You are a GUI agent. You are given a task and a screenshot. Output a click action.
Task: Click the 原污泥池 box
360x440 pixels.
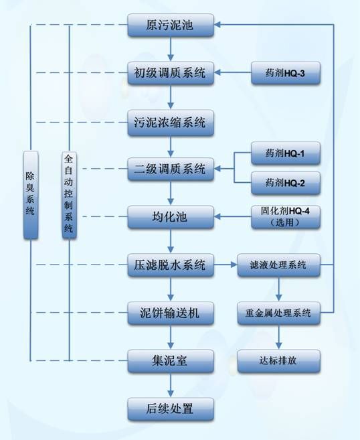coord(171,25)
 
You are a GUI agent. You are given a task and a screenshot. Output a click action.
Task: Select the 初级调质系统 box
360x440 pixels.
coord(171,73)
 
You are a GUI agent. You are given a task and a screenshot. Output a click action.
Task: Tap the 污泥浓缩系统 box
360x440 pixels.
coord(171,123)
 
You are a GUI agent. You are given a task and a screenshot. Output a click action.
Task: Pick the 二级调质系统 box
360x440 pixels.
coord(171,169)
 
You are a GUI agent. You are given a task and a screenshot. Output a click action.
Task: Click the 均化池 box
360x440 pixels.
coord(171,217)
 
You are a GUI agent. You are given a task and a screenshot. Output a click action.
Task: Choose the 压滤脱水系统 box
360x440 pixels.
coord(171,265)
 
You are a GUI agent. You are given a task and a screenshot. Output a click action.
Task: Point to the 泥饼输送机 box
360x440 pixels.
coord(171,313)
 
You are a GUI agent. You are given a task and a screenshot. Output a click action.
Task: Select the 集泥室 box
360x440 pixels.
coord(171,361)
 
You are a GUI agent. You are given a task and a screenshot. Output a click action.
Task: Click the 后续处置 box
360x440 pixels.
coord(171,409)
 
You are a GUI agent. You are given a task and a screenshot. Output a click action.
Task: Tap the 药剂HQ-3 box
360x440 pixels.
coord(286,73)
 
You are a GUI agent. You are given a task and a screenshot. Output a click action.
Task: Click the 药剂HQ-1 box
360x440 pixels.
coord(286,153)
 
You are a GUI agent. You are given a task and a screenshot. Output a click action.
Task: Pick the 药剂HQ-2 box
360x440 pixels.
coord(286,183)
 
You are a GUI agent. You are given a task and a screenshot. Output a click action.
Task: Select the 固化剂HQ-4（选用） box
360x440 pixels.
coord(286,217)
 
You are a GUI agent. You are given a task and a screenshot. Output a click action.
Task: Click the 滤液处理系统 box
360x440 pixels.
coord(278,265)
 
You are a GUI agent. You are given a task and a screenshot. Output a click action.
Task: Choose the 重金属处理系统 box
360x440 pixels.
coord(278,313)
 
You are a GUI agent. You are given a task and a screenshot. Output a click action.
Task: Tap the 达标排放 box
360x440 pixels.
coord(278,361)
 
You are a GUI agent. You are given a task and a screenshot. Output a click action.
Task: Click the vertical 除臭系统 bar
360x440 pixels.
coord(31,195)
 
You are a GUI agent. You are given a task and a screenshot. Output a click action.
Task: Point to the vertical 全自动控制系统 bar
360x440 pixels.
coord(69,195)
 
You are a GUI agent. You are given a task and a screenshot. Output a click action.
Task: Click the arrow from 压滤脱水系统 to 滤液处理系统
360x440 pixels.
coord(226,265)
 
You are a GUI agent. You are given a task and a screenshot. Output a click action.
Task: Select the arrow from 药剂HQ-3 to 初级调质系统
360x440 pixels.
coord(232,72)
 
